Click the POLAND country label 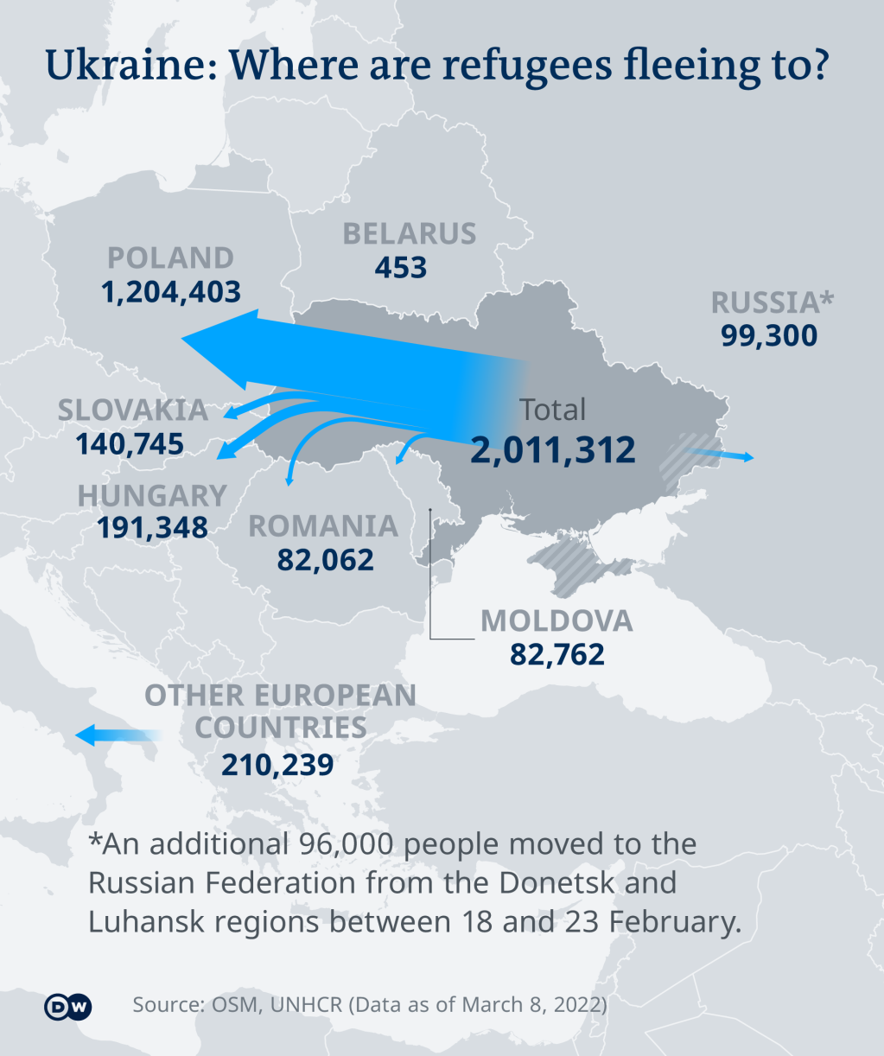170,258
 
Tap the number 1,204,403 171,292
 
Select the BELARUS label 409,234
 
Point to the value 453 401,268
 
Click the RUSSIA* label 773,302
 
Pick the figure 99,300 769,335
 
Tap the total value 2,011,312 553,450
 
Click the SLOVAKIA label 132,410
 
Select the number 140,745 130,444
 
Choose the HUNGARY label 152,495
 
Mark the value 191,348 152,527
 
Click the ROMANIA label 323,526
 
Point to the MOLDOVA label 556,620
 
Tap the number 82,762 557,655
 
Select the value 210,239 277,765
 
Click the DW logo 67,1007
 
